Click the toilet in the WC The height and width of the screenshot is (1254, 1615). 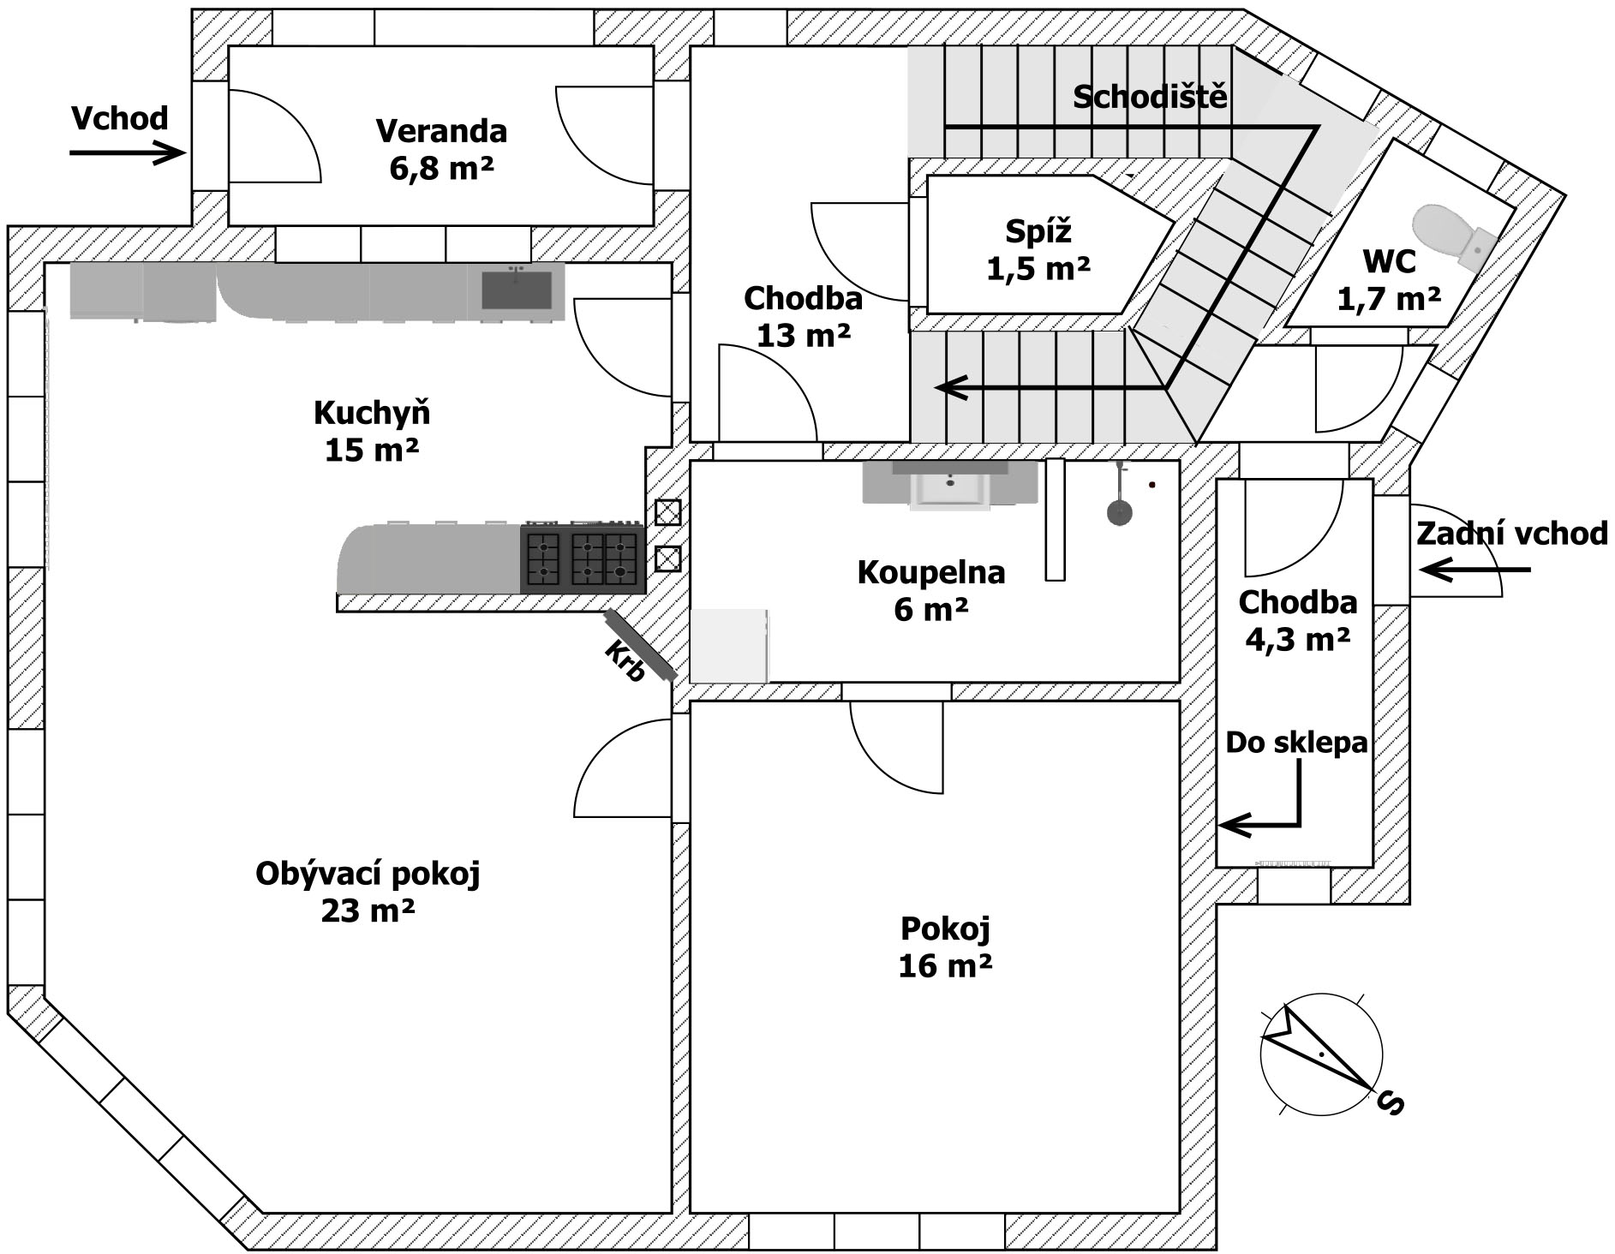click(1455, 236)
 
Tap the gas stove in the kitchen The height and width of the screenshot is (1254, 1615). click(583, 558)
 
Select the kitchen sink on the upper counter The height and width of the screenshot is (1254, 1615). click(516, 290)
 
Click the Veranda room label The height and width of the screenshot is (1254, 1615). click(441, 131)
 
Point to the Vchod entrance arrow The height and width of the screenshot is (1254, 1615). click(128, 153)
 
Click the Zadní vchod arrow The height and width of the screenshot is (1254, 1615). click(1474, 570)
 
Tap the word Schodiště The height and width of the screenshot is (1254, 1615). click(1150, 96)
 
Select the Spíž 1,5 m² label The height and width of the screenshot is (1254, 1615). click(1038, 249)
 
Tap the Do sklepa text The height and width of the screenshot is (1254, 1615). click(1296, 743)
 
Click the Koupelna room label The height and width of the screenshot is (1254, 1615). click(931, 572)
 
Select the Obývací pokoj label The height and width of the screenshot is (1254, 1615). click(368, 875)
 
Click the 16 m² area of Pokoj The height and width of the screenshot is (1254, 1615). click(945, 966)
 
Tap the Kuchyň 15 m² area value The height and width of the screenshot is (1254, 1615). click(371, 450)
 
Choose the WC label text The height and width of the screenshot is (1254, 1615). click(1389, 261)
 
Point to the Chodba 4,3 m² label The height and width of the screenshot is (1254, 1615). click(1298, 621)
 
